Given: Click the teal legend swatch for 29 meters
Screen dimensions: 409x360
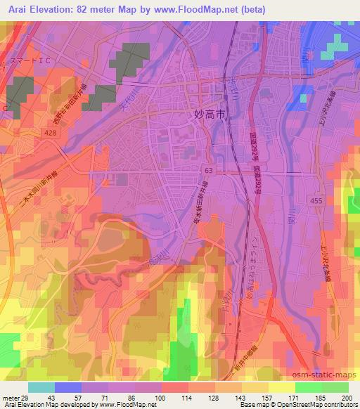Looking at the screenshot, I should [41, 387].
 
